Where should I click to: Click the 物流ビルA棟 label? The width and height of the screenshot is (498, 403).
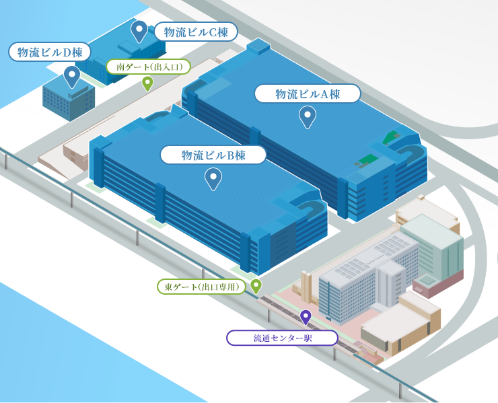point(307,94)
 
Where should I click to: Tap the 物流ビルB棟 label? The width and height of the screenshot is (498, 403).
point(213,155)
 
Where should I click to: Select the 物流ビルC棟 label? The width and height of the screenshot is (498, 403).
point(196,32)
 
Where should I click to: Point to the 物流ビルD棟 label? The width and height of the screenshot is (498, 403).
point(50,52)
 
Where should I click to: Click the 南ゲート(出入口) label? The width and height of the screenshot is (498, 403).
point(149,67)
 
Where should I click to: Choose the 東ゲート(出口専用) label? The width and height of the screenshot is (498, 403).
point(202,287)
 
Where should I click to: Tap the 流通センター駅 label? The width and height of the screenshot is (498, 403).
point(282,338)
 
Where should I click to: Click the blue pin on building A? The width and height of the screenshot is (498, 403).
point(308,116)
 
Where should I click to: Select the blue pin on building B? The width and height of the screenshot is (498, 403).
point(213,178)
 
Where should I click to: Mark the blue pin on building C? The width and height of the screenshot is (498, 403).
point(139,30)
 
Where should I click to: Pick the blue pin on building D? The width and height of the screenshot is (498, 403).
point(72,75)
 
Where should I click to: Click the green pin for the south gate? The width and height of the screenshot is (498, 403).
point(147,83)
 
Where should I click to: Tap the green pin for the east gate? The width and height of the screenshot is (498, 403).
point(256,286)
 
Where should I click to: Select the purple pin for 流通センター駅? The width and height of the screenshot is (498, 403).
point(306,316)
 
